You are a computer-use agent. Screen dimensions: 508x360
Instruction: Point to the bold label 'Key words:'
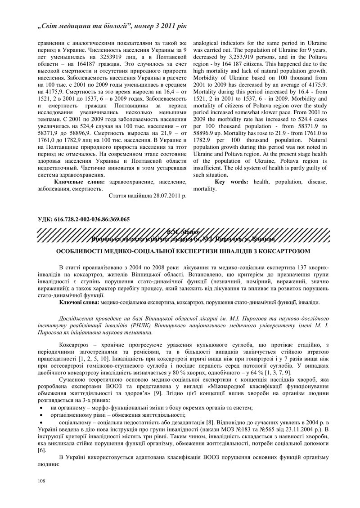(233, 182)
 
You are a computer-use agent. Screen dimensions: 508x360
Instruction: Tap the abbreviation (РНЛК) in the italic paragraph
(146, 325)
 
